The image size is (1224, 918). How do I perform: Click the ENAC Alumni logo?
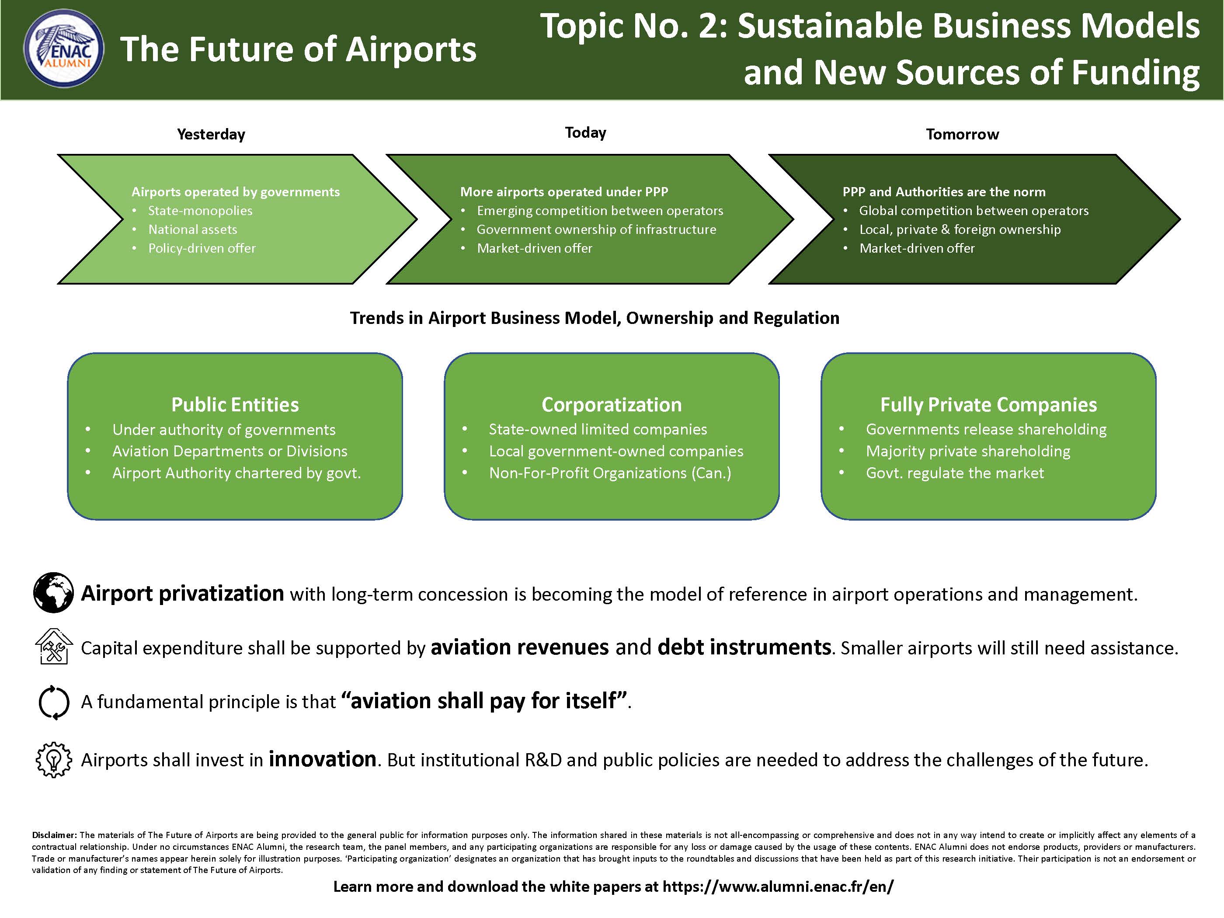(x=64, y=49)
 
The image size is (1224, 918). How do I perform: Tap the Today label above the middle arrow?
(x=585, y=133)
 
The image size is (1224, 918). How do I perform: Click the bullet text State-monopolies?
(x=200, y=211)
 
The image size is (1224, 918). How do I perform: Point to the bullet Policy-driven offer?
(x=202, y=248)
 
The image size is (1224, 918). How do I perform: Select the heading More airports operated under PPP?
(x=564, y=192)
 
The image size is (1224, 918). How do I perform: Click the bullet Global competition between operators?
(x=974, y=211)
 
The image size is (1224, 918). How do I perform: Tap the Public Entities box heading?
(x=235, y=404)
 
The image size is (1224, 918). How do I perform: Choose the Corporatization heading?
(x=612, y=404)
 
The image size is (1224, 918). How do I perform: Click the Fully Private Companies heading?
(x=988, y=404)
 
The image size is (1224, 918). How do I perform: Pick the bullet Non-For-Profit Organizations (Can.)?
(x=610, y=473)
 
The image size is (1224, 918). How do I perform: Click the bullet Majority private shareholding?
(x=968, y=452)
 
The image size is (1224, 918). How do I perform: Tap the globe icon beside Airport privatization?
(x=53, y=593)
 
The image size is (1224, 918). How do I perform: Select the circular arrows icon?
(x=54, y=702)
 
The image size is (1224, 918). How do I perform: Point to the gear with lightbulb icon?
(x=54, y=760)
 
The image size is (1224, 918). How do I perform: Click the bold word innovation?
(x=323, y=759)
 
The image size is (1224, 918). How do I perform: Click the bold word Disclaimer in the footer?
(x=55, y=835)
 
